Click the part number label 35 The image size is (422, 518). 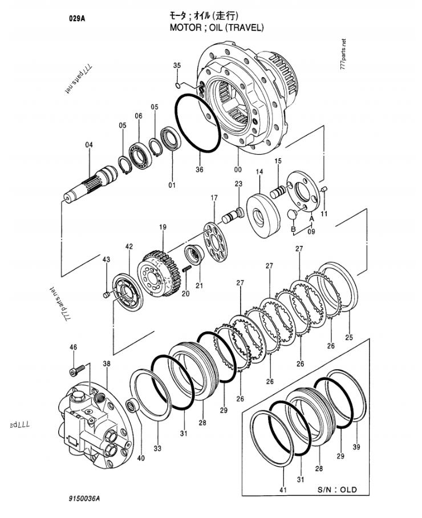coord(177,66)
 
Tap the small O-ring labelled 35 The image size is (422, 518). coord(178,86)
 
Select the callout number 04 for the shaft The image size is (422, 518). coord(89,145)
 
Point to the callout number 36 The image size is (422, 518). coord(199,169)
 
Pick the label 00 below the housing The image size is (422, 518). coord(237,169)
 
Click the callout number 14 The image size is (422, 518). coord(259,172)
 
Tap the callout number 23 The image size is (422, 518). coord(238,184)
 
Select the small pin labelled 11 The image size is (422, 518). coord(323,189)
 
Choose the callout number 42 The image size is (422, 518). coord(129,246)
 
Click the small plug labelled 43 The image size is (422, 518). coord(106,294)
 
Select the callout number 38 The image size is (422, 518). coord(107,363)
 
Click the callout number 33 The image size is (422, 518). coord(157,450)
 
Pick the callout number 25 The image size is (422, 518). coord(349,337)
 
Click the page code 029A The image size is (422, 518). coord(78,18)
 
